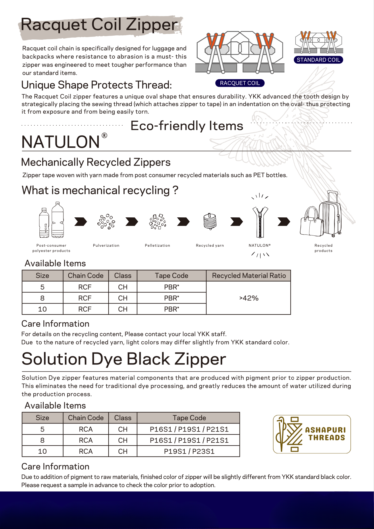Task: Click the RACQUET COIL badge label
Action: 240,83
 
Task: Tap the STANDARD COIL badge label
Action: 318,60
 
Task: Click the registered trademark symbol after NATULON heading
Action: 105,135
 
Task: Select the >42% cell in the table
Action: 249,298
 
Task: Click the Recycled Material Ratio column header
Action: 249,276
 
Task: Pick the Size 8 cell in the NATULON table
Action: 43,298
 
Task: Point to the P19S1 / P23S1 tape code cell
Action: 189,451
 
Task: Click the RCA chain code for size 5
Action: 86,429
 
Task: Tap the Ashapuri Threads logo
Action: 312,434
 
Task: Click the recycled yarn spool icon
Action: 210,221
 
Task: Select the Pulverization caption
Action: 106,246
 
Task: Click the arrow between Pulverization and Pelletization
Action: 132,222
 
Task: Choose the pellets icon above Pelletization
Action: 157,221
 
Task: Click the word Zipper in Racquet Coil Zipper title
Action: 152,25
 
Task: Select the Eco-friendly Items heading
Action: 187,126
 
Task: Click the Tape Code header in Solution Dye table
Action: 189,418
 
